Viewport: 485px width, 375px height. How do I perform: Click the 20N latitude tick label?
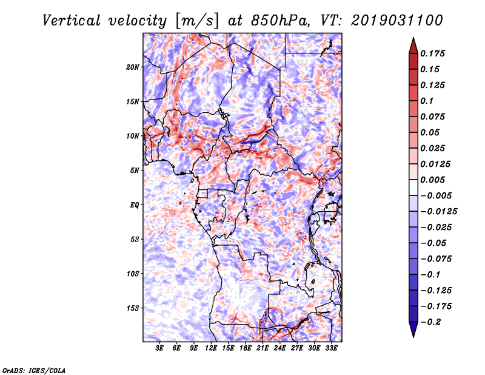[133, 67]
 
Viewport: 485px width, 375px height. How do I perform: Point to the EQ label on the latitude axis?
[135, 205]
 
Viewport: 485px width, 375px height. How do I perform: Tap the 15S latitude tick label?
[133, 308]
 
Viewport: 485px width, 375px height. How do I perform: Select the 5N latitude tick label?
[135, 171]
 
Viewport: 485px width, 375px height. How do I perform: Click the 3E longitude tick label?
[159, 348]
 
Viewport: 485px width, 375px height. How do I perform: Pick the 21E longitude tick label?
[263, 348]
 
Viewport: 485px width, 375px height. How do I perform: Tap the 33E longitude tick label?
[331, 348]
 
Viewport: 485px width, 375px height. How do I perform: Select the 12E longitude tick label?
[211, 348]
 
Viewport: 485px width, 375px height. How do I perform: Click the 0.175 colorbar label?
[432, 53]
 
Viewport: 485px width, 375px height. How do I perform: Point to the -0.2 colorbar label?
[430, 322]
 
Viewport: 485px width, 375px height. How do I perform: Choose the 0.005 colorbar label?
[432, 180]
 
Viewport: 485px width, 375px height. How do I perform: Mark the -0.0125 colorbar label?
[438, 212]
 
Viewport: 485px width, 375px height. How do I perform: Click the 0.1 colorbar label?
[427, 101]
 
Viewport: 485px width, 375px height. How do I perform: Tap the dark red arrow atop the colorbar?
[413, 46]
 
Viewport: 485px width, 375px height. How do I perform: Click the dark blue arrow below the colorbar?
[413, 329]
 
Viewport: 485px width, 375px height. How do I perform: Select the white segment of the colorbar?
[413, 187]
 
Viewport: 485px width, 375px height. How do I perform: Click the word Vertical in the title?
[72, 21]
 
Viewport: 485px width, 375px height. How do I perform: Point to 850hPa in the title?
[280, 21]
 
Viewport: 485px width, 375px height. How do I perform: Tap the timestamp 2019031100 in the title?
[397, 21]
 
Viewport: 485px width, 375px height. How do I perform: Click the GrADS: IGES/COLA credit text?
[34, 370]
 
